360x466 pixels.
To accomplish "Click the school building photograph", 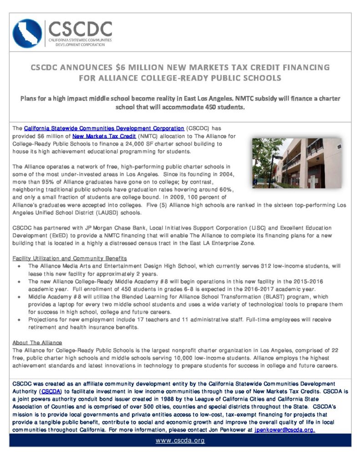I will pos(296,163).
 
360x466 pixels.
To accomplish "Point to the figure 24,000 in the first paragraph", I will pos(136,143).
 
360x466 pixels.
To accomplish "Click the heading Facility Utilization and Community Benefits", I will pos(70,258).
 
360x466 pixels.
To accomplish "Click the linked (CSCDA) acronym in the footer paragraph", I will pos(47,391).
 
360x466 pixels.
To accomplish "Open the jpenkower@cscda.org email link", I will pos(284,430).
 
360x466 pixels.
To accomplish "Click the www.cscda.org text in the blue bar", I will pos(180,441).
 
